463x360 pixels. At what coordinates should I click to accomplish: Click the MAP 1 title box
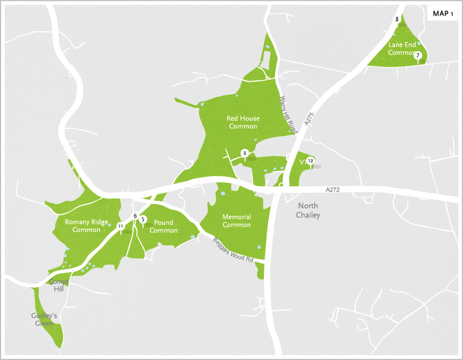click(x=443, y=14)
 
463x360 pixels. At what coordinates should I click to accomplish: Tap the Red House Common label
click(x=242, y=122)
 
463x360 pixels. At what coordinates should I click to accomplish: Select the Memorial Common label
click(x=237, y=221)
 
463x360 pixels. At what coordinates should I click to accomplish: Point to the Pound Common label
click(x=164, y=226)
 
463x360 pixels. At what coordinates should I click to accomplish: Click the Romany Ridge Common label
click(x=86, y=226)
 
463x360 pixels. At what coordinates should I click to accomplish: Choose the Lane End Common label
click(x=401, y=48)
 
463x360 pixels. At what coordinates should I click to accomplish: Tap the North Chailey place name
click(x=309, y=211)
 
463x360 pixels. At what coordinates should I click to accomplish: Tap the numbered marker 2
click(x=245, y=153)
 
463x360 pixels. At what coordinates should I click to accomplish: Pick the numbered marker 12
click(x=311, y=160)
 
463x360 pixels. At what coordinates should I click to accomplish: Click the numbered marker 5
click(x=142, y=219)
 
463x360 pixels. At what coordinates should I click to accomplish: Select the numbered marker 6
click(x=135, y=216)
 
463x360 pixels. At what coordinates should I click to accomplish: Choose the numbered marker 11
click(x=120, y=226)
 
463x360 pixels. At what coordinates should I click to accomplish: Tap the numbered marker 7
click(x=417, y=56)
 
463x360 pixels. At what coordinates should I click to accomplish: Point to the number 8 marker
click(x=397, y=20)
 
